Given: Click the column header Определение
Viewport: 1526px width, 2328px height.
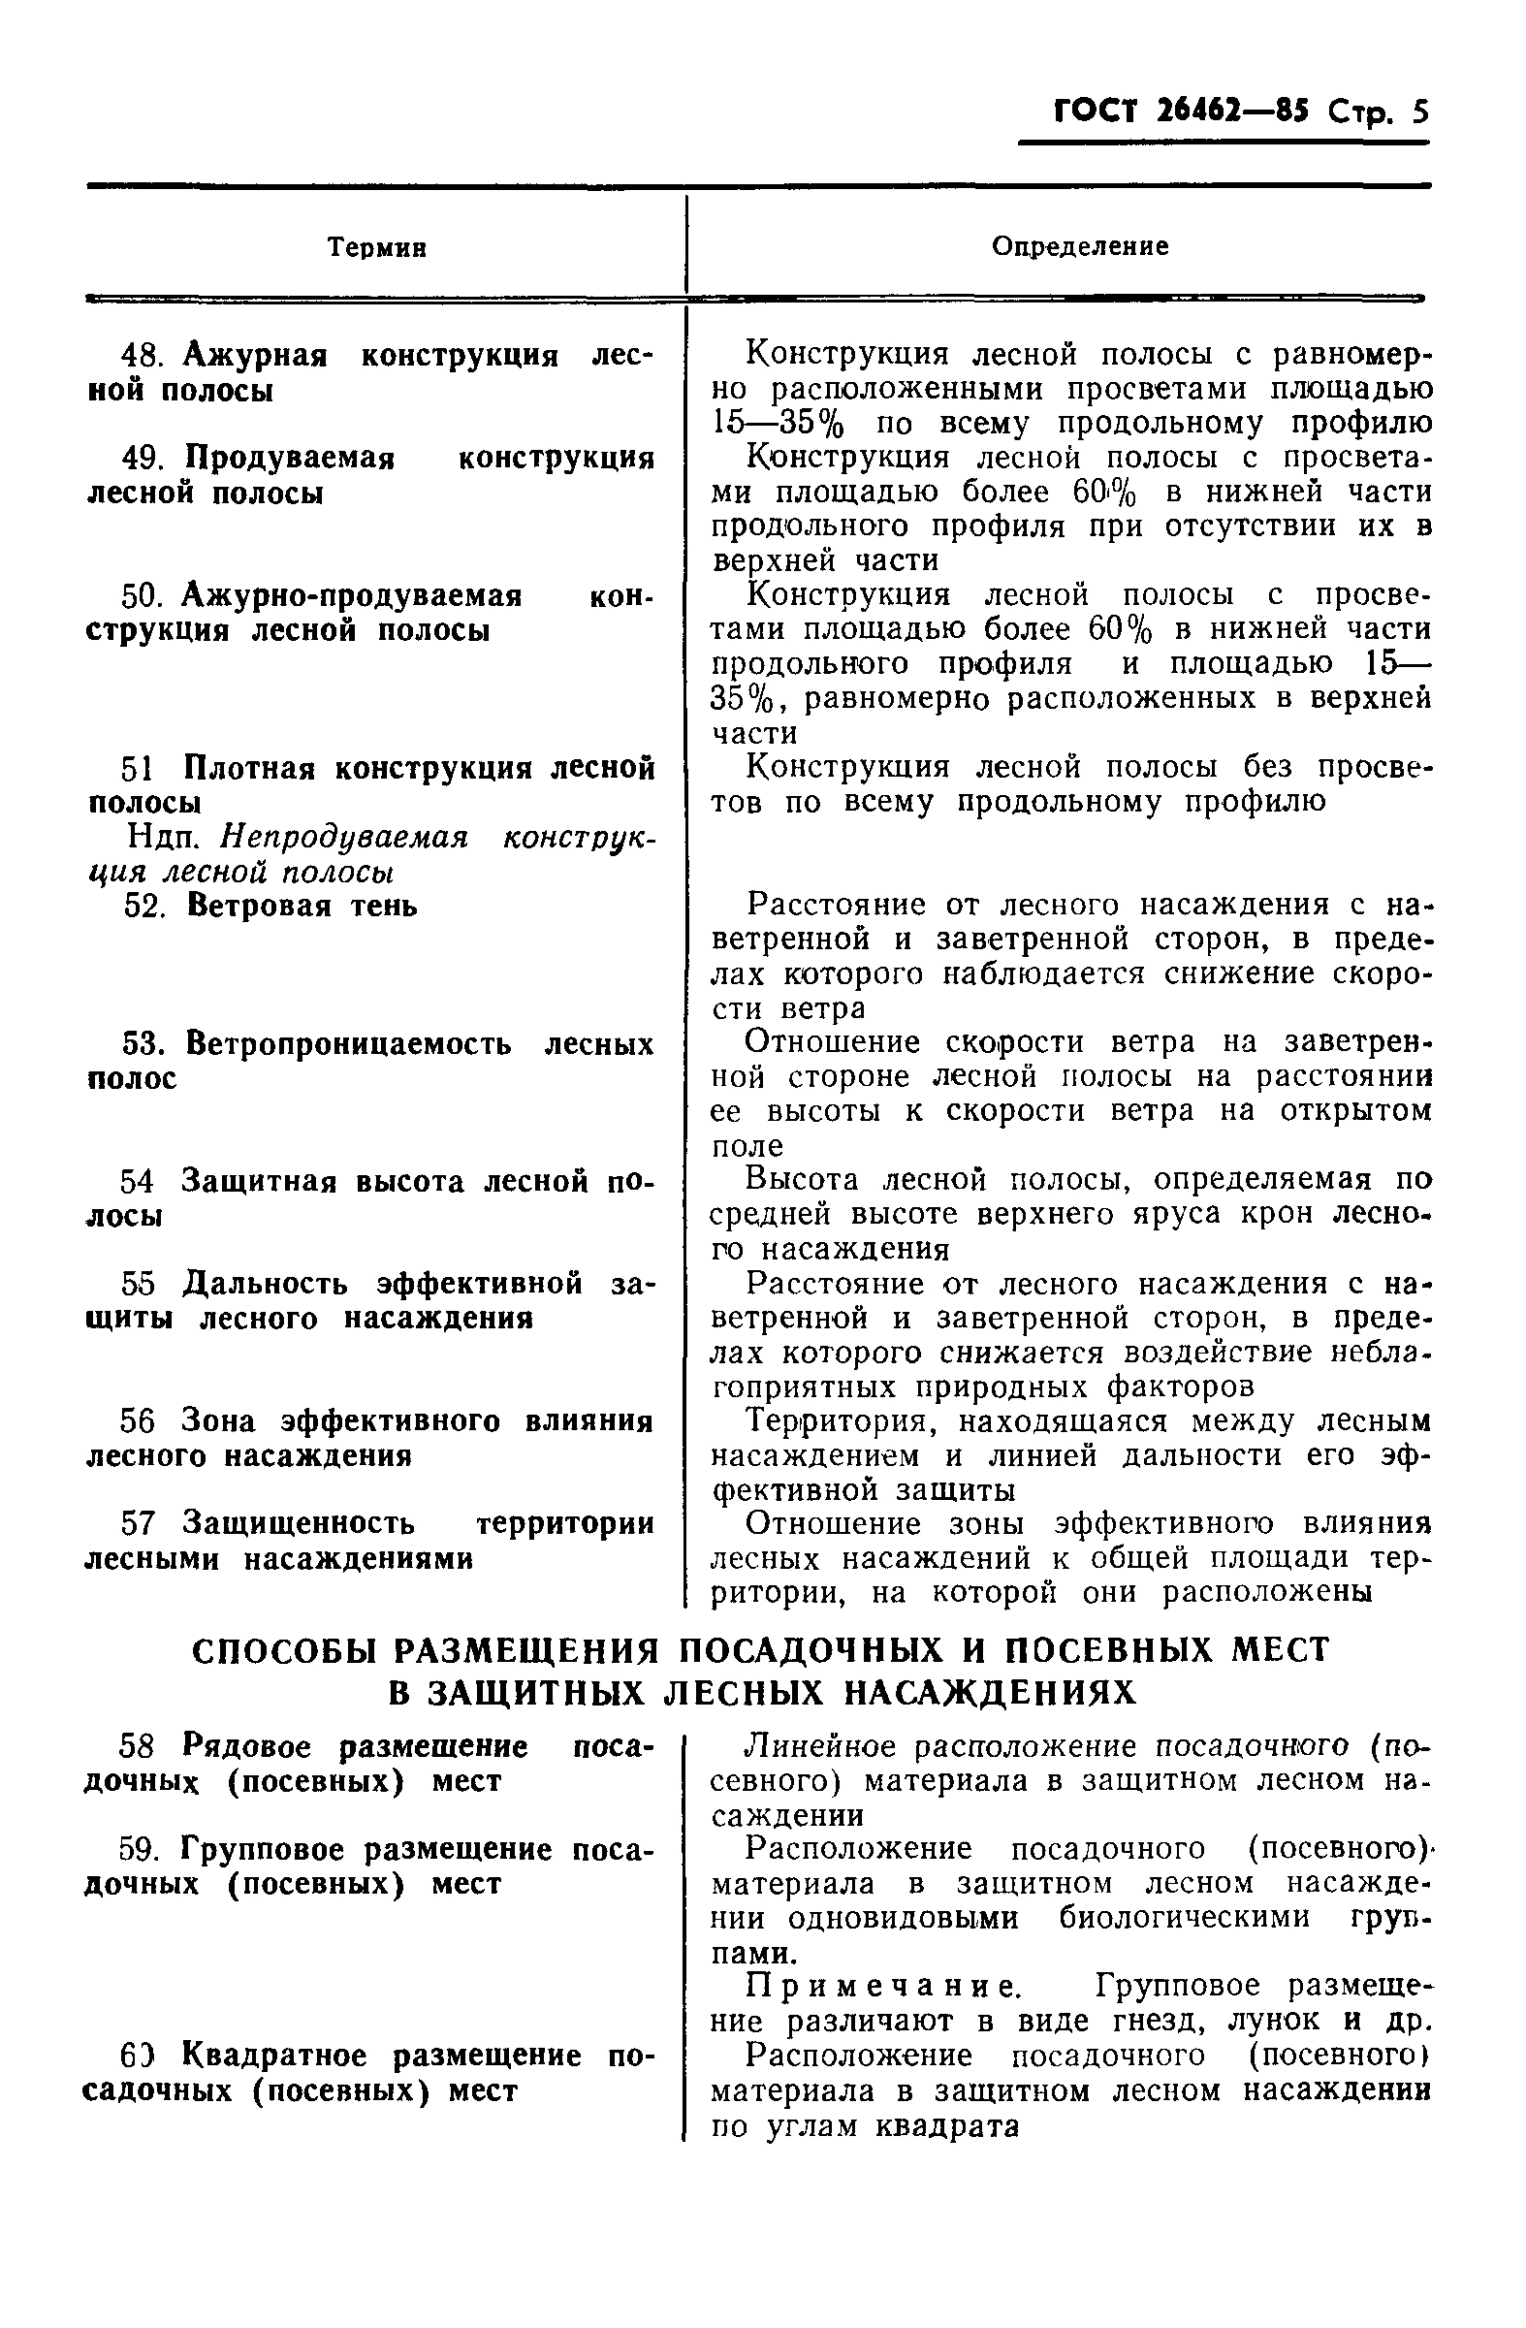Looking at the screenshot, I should (x=1080, y=245).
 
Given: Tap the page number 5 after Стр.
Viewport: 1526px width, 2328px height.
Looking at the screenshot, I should (x=1419, y=112).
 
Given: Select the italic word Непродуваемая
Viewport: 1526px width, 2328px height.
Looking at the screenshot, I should (x=344, y=839).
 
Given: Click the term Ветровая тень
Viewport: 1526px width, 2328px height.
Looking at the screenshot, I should (x=302, y=907).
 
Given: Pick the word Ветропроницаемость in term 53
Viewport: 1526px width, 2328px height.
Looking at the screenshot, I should (x=348, y=1044).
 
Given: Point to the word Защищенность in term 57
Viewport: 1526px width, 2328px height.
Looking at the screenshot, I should (x=299, y=1524).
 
